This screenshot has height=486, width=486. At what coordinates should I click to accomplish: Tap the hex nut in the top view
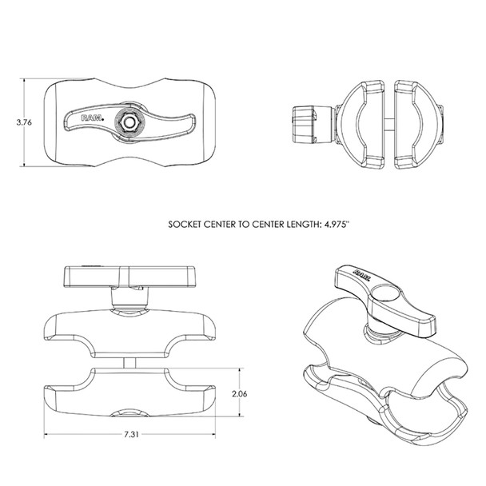click(x=128, y=122)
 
